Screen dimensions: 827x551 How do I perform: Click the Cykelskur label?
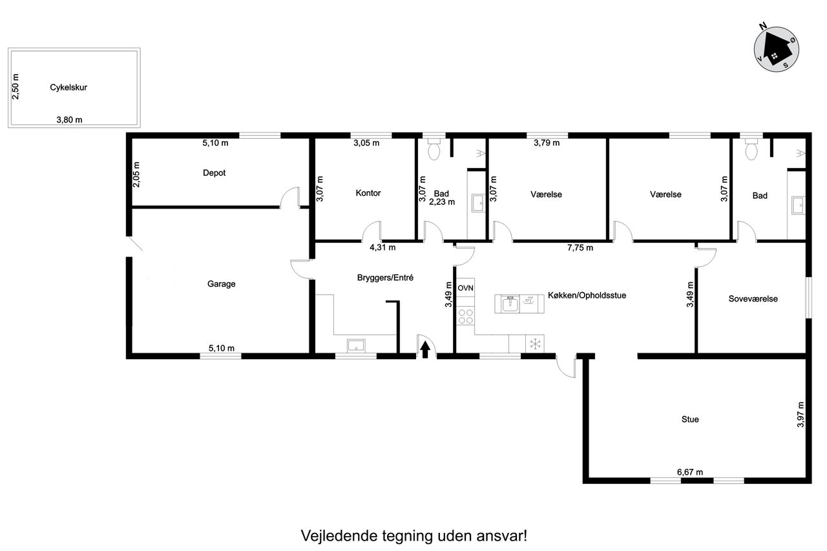coord(68,87)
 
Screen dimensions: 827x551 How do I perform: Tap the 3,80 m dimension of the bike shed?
coord(69,120)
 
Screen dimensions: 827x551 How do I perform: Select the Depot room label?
coord(214,172)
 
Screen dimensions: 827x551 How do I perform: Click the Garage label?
coord(221,284)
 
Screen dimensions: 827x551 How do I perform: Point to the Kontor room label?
coord(368,192)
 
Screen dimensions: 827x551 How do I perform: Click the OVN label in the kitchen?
coord(466,288)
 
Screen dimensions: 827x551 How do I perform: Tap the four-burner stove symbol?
coord(466,317)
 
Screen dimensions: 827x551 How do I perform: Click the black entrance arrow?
coord(425,349)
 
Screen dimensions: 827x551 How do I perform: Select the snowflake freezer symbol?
coord(535,344)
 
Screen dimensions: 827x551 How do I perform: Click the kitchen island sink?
coord(510,304)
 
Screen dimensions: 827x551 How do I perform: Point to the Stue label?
coord(690,419)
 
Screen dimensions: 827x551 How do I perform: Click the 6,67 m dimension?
coord(690,472)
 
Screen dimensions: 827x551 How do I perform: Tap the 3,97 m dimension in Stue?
coord(801,415)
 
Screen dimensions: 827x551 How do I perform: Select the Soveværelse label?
coord(753,298)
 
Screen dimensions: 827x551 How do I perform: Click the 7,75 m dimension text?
coord(580,247)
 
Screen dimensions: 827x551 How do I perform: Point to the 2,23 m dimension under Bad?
coord(442,202)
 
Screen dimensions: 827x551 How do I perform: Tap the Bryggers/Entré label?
coord(385,278)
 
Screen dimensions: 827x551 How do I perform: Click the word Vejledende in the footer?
coord(339,535)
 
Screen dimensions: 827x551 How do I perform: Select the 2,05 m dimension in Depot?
coord(136,174)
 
